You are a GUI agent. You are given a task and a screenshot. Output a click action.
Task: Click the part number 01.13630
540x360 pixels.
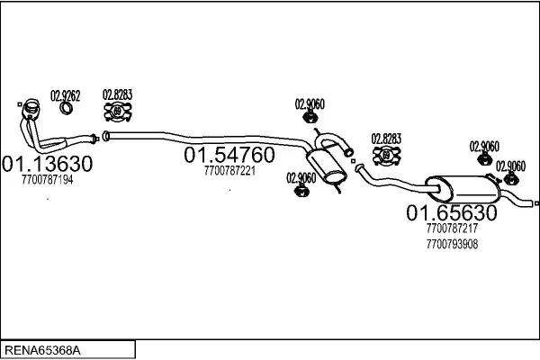coord(49,166)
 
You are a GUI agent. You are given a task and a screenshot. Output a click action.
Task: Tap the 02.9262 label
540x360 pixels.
coord(64,94)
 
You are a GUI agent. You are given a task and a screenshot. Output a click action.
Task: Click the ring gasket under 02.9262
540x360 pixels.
coord(67,110)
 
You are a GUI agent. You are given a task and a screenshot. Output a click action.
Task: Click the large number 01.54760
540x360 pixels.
coord(229,156)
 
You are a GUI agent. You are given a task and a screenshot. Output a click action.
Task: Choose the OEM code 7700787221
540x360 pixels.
coord(229,170)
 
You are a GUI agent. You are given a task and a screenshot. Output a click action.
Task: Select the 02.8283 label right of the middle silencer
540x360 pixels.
coord(386,139)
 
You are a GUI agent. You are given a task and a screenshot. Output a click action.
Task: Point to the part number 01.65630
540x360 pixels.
coord(451,213)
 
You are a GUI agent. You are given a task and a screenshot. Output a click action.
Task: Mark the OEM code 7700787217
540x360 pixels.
coord(452,229)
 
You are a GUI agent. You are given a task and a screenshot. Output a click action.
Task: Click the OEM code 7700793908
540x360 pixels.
coord(452,243)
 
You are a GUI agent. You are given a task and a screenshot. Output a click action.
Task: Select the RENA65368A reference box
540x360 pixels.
coord(67,349)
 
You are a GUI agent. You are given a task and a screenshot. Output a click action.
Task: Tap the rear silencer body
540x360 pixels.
coord(461,189)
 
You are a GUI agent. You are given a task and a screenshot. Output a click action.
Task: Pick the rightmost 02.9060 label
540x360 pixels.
coord(510,166)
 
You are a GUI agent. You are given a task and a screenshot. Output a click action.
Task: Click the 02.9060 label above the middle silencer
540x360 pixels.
coord(310,103)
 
